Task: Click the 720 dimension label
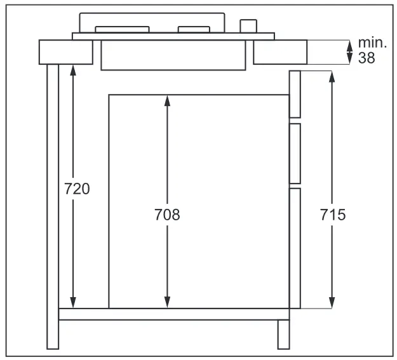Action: [77, 189]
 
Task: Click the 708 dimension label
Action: [167, 215]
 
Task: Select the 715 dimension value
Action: [332, 215]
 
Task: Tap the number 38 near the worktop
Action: [367, 57]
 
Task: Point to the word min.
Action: [372, 43]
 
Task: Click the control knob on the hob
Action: [248, 25]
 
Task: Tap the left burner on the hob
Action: [122, 29]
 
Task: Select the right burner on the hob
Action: [194, 29]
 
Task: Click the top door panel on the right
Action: [295, 94]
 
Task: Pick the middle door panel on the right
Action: [295, 154]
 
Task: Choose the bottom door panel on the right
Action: [295, 248]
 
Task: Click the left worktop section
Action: [65, 52]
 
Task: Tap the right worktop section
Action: [279, 52]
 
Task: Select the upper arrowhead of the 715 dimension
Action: [332, 76]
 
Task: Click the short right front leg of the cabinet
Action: [283, 334]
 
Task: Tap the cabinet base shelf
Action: [173, 314]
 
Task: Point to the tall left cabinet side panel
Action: [53, 206]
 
